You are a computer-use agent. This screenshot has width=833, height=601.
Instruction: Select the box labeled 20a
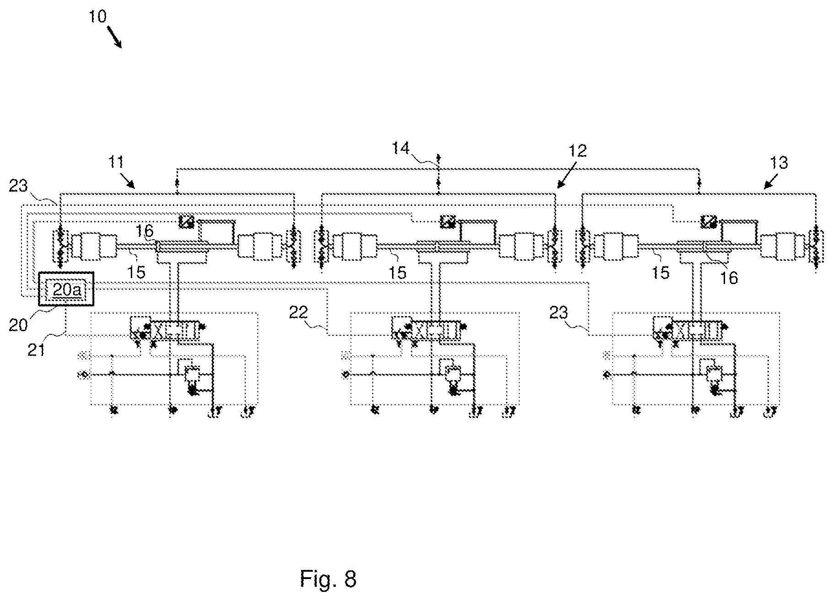(66, 289)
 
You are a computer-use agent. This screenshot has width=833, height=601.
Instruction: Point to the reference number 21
(37, 350)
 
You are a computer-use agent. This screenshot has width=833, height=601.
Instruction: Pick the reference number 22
(298, 312)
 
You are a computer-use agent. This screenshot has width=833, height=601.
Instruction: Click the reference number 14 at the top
(401, 149)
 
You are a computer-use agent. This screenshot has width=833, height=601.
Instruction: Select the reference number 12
(578, 150)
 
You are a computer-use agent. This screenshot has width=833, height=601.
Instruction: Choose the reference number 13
(779, 163)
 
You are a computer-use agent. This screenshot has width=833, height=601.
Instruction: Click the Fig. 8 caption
(328, 579)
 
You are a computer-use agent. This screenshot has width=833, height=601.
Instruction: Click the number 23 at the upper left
(19, 186)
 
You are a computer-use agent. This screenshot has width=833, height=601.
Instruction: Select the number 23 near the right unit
(559, 313)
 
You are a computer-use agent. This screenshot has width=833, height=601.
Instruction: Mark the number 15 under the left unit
(136, 272)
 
